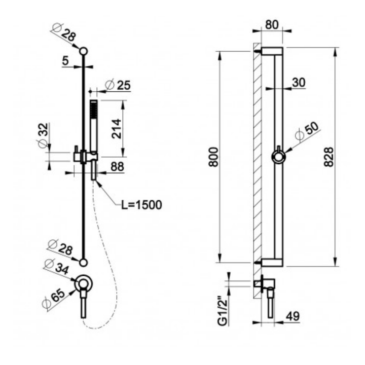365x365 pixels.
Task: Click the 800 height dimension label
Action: point(213,157)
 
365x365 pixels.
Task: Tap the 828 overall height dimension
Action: point(328,157)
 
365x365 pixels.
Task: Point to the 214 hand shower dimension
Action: point(117,129)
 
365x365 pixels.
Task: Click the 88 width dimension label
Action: point(117,167)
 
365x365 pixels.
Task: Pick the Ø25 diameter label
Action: point(118,85)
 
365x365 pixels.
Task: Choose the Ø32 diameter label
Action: point(43,135)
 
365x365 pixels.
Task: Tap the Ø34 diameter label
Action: point(57,267)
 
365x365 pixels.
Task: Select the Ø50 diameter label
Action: point(306,131)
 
